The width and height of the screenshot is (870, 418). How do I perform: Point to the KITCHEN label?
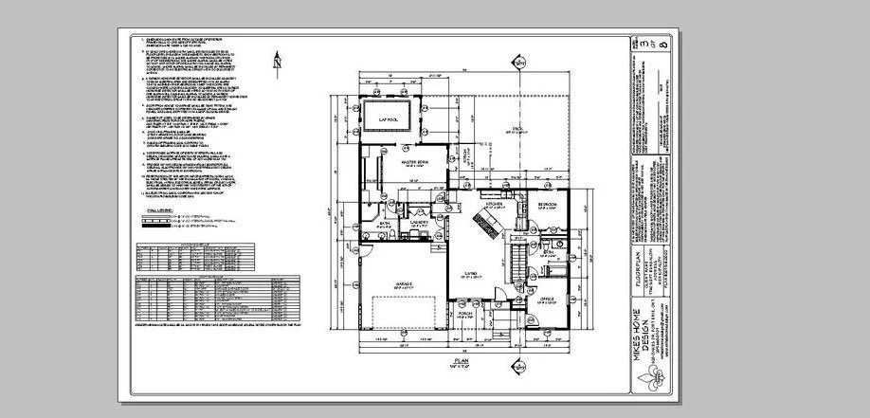pyautogui.click(x=494, y=204)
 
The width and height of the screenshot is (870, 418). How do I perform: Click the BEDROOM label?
pyautogui.click(x=547, y=204)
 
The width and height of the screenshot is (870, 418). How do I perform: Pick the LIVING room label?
pyautogui.click(x=468, y=271)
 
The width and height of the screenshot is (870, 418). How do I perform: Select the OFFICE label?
pyautogui.click(x=547, y=300)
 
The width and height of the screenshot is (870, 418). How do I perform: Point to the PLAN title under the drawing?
pyautogui.click(x=463, y=361)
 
